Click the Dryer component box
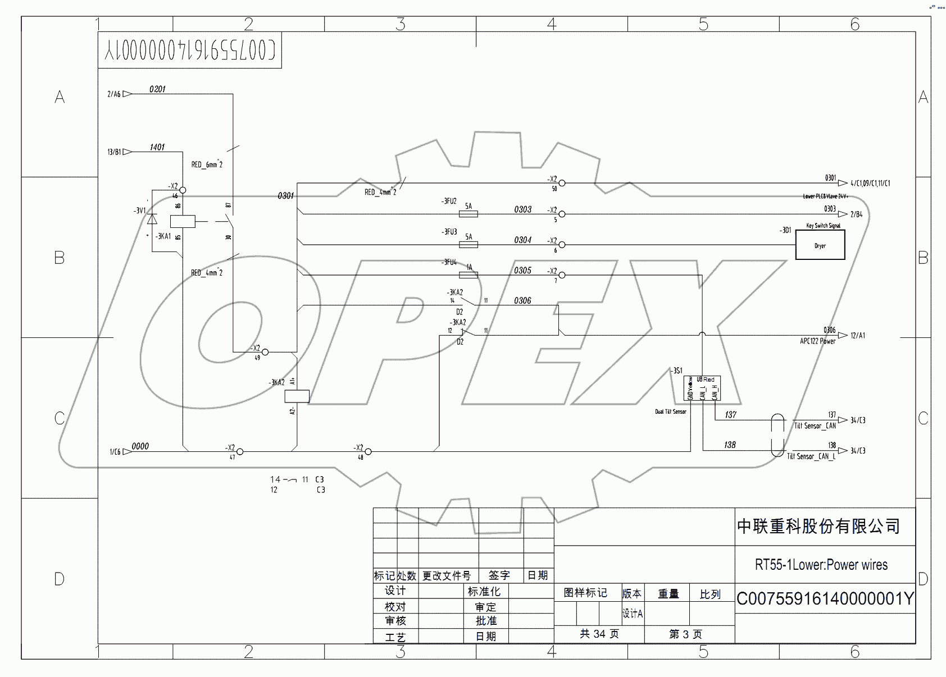[x=820, y=246]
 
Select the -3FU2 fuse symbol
[x=469, y=214]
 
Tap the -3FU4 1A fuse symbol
[x=469, y=275]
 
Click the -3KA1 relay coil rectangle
[x=183, y=221]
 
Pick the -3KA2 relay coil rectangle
[x=297, y=396]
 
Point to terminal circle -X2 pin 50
[x=562, y=183]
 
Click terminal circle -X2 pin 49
[x=265, y=352]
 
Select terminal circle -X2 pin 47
[x=240, y=451]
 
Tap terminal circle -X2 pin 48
[x=368, y=451]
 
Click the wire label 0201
[x=157, y=89]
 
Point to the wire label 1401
[x=157, y=147]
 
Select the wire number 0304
[x=522, y=240]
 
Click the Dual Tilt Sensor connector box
[x=702, y=388]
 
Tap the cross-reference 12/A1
[x=857, y=336]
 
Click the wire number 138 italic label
[x=730, y=445]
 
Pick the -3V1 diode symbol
[x=152, y=219]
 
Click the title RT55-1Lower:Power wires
[x=821, y=565]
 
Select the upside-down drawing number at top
[x=190, y=51]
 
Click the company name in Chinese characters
[x=818, y=527]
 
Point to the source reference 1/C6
[x=115, y=451]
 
